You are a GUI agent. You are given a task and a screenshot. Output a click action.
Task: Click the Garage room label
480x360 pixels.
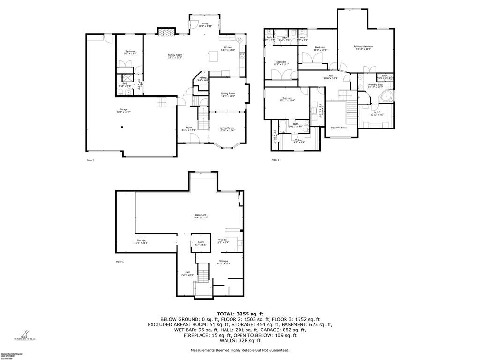pos(123,111)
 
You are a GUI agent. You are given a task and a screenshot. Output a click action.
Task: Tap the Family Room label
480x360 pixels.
pos(175,56)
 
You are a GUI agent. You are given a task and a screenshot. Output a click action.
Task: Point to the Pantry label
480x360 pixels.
pos(203,79)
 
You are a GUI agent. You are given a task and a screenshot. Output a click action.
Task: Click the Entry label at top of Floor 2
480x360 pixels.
pos(205,24)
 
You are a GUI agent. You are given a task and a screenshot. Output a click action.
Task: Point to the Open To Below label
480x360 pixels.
pos(339,127)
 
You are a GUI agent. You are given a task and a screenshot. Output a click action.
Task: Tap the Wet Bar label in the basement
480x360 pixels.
pos(223,241)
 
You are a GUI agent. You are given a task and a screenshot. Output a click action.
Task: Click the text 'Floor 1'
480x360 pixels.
pos(120,262)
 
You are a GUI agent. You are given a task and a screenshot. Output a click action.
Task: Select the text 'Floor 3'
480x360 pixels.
pos(276,160)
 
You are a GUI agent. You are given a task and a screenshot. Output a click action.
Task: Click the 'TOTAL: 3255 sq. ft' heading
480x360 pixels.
pos(240,314)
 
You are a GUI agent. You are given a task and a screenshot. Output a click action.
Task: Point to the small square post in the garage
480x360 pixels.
pos(122,127)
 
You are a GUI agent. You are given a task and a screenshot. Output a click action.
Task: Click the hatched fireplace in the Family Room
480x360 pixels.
pos(165,32)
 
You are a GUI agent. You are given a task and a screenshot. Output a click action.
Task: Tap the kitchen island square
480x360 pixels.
pos(214,57)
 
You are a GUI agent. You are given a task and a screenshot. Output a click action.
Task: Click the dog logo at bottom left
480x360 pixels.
pos(22,333)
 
